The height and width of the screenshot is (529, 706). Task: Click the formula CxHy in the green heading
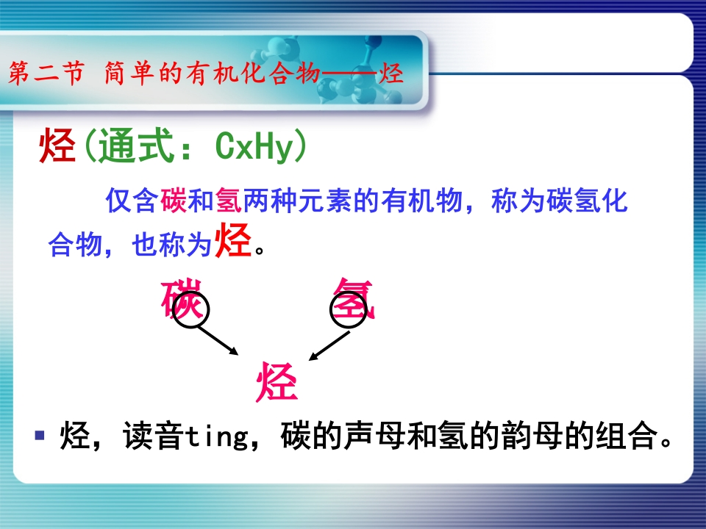(254, 145)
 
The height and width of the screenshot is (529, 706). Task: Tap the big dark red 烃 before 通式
(57, 145)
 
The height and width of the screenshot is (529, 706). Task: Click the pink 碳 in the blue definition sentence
(174, 200)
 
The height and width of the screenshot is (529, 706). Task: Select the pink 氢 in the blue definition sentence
(229, 200)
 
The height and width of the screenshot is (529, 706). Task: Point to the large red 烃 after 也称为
(233, 241)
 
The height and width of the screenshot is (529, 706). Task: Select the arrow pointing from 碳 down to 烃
(218, 340)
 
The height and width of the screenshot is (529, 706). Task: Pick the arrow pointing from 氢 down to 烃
(329, 346)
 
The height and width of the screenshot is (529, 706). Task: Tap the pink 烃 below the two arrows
(277, 382)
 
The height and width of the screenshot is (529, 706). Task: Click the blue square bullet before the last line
(40, 435)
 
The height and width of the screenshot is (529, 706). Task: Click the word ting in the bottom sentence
(216, 436)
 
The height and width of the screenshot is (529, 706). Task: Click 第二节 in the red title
(46, 73)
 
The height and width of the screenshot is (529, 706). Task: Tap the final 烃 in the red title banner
(391, 73)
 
